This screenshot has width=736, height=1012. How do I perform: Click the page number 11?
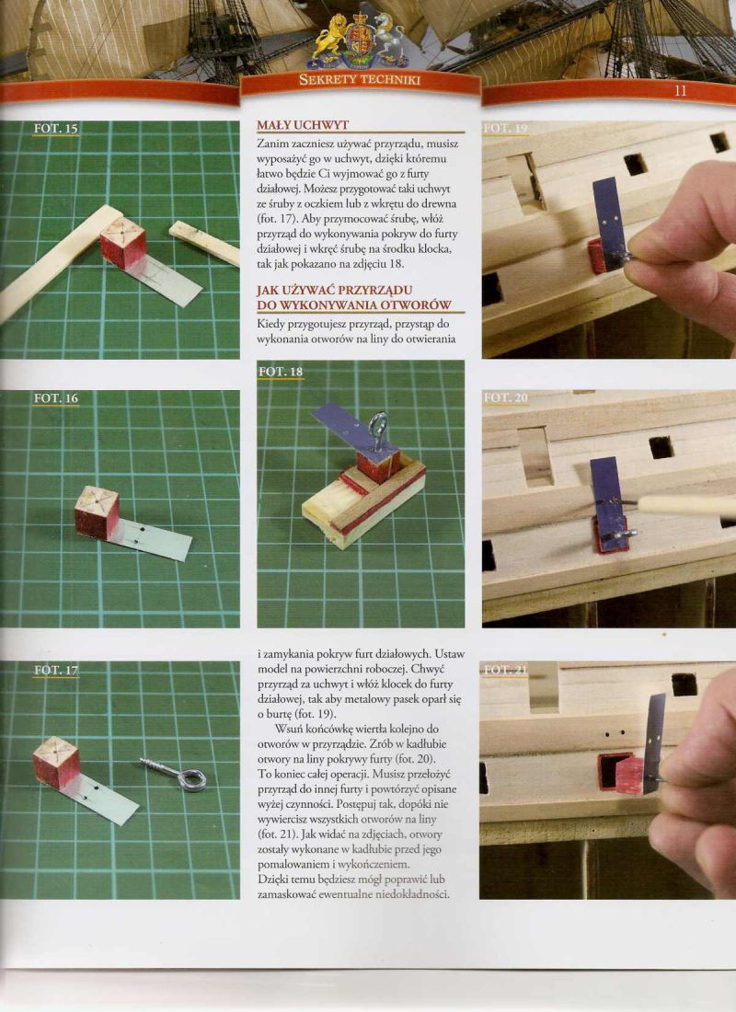coord(680,91)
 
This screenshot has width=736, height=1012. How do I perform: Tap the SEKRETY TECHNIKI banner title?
coord(360,80)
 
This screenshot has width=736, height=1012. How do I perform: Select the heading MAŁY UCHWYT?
coord(303,125)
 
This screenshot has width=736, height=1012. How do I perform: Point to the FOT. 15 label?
coord(55,129)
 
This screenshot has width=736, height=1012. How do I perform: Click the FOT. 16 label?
coord(55,398)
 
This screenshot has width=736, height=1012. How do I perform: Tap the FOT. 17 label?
coord(55,671)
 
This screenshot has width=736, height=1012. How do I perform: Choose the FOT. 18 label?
coord(281,371)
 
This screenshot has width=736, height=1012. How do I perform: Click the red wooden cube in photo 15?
coord(122,243)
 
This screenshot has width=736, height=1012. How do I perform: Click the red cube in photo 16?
coord(97,513)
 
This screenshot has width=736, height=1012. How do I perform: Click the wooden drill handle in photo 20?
coord(687,505)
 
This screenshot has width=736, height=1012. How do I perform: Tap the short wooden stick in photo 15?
coord(204,243)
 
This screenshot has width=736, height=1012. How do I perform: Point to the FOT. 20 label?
coord(506,397)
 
